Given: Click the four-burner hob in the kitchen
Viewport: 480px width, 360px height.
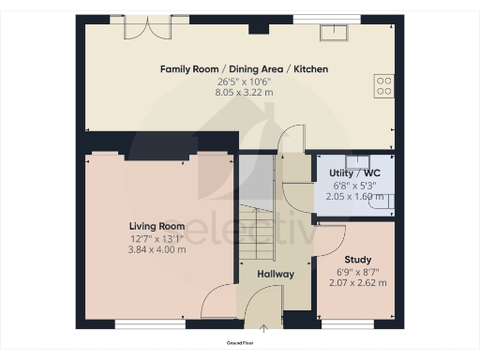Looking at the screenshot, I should (x=384, y=86).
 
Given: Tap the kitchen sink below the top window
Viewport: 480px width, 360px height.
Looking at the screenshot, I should (x=331, y=33).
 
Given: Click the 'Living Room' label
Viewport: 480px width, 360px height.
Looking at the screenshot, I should (x=157, y=226).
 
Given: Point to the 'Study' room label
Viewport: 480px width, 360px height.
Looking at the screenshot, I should (x=358, y=260).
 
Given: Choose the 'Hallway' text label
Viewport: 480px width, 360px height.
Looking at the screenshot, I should (x=276, y=275).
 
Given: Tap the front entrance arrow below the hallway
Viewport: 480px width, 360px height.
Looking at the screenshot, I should (x=263, y=328).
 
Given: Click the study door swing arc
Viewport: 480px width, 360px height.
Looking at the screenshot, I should (x=333, y=239).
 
